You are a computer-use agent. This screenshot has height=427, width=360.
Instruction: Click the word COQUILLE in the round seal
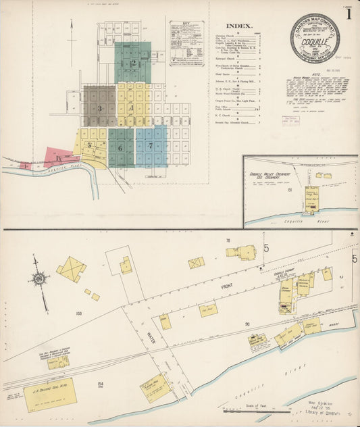coord(315,39)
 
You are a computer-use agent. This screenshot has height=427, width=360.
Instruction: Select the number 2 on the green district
coord(133,64)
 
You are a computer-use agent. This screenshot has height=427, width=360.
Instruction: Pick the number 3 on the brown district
coord(99,108)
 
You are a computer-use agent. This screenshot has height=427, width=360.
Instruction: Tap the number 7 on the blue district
coord(150,147)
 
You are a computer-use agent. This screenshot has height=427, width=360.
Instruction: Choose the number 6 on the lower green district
coord(120,147)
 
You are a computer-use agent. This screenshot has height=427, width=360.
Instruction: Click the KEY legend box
coord(186,43)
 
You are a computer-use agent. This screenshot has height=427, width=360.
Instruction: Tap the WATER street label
coord(151,337)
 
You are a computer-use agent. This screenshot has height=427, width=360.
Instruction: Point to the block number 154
coord(101,384)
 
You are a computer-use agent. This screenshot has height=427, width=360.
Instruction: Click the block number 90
coord(247,324)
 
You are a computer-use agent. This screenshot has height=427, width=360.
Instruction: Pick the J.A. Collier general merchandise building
coord(49,395)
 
